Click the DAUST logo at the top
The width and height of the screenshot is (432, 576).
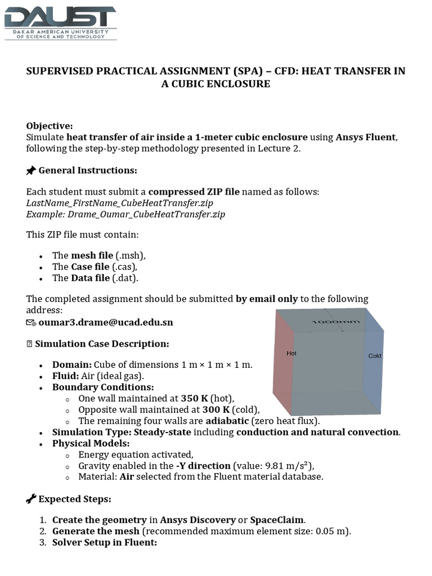point(60,22)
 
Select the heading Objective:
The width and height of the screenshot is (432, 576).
point(49,125)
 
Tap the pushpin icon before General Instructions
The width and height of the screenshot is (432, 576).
point(31,170)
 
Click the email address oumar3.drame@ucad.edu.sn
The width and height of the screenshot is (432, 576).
point(106,322)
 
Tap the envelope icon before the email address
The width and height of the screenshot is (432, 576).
point(31,323)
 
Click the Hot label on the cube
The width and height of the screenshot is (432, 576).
point(291,354)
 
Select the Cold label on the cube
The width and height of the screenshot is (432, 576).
point(375,356)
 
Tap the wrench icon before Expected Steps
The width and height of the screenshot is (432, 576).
point(31,499)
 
